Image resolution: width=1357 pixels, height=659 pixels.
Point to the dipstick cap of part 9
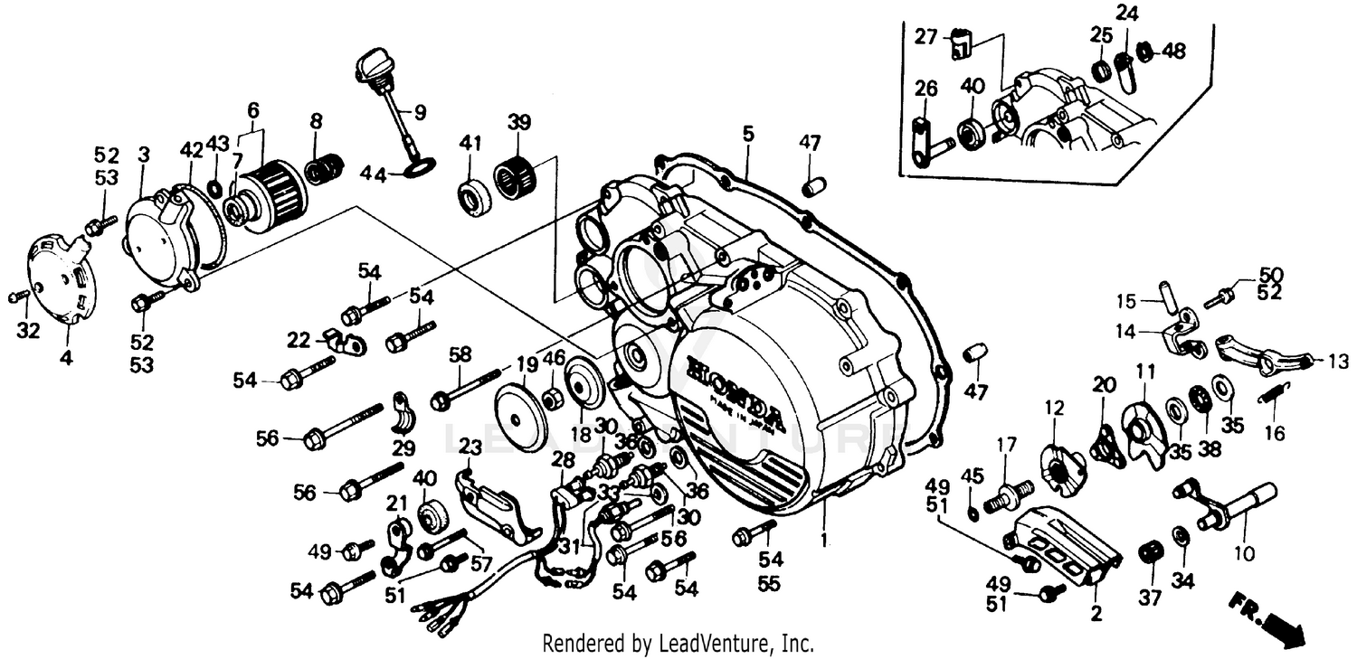coord(372,65)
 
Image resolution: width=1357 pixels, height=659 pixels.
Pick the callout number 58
coord(460,355)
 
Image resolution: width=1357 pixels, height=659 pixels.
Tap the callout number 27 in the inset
coord(924,37)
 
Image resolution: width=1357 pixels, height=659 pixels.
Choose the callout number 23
coord(470,446)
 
